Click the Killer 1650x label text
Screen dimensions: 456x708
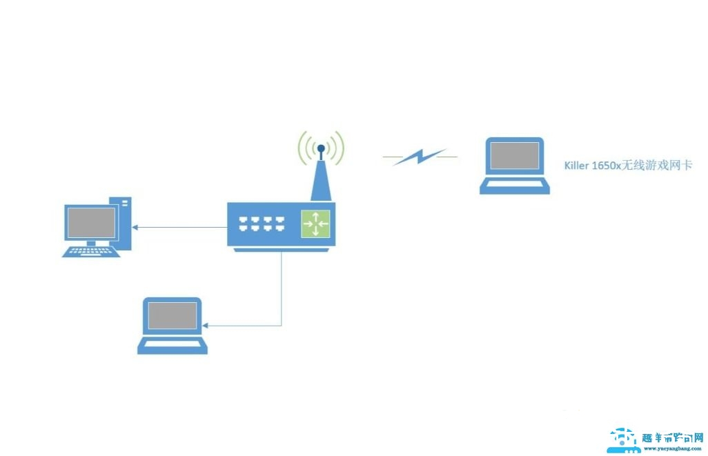point(627,166)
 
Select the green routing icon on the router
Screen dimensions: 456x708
point(316,224)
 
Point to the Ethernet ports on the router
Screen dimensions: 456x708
point(262,224)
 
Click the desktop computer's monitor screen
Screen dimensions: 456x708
point(90,222)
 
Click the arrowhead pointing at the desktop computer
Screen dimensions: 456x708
point(136,227)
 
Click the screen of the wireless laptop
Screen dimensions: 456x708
point(515,158)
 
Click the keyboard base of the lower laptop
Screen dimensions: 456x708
point(173,345)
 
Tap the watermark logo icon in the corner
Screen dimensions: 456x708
point(624,441)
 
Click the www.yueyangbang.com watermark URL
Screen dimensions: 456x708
point(673,448)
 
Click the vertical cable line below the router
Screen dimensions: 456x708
point(282,290)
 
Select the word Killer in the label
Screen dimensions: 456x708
point(576,166)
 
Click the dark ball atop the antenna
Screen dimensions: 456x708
point(321,148)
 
